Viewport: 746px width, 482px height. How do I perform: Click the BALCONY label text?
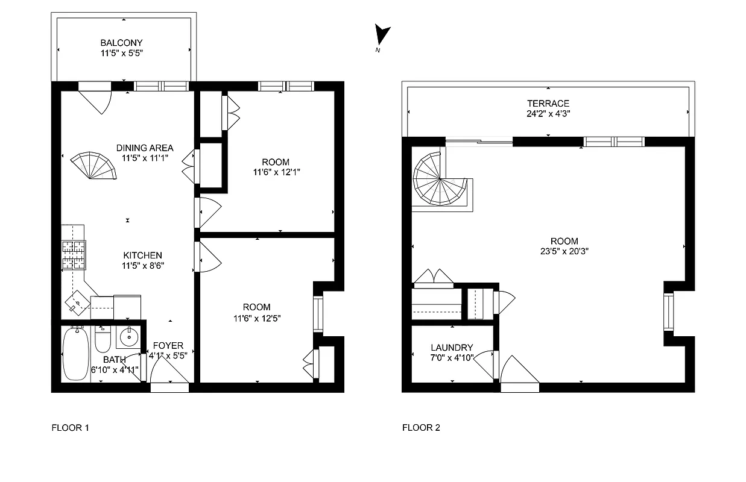(x=122, y=43)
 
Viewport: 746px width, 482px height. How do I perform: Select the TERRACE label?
(x=548, y=103)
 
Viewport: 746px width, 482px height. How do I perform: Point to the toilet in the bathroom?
(x=103, y=340)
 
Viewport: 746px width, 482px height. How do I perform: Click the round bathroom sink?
(x=128, y=337)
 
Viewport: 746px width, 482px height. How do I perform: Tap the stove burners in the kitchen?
(x=74, y=254)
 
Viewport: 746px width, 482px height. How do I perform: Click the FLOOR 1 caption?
(x=71, y=428)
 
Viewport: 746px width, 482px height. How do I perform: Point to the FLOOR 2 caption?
(x=421, y=428)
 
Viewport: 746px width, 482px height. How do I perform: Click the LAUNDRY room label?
(x=452, y=348)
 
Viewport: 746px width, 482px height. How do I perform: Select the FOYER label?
(x=168, y=345)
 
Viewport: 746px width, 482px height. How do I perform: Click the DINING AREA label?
(x=145, y=148)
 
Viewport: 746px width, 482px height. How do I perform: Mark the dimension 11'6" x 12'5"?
(x=257, y=318)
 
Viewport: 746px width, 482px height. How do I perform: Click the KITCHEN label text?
(x=143, y=255)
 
